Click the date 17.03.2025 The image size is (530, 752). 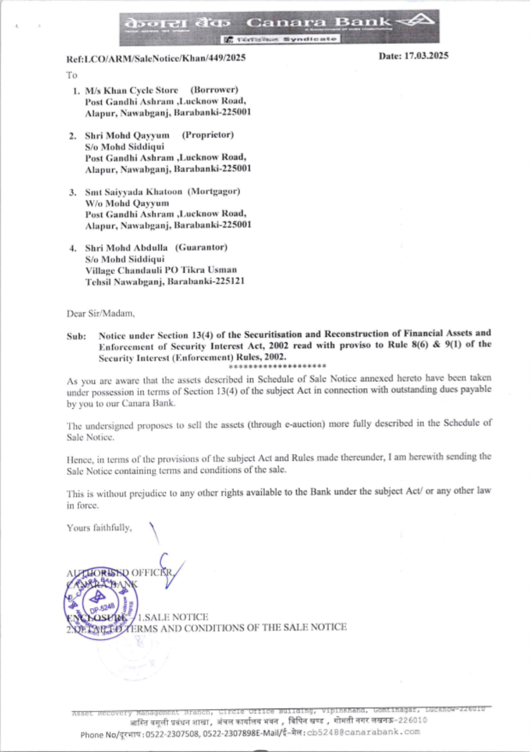426,56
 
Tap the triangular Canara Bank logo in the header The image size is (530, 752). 417,22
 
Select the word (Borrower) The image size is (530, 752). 214,89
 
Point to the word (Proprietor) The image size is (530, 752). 208,135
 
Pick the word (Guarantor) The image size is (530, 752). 201,247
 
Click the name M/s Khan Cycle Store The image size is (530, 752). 131,90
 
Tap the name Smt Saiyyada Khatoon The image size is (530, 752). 134,192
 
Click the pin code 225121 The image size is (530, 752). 232,281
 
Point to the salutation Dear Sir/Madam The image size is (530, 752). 101,314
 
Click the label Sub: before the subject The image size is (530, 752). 76,336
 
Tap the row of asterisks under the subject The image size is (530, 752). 278,366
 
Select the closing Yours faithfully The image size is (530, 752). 99,527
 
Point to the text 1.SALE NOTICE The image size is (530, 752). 173,617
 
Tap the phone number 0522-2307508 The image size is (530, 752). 173,734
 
